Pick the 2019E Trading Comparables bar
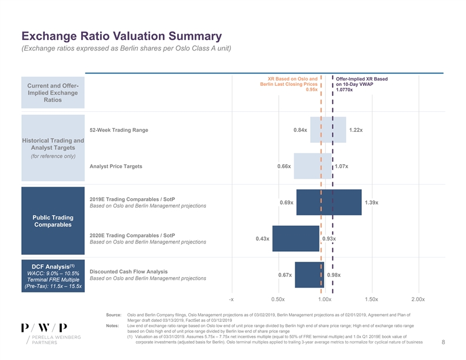328,202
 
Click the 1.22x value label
355,129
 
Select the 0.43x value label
262,238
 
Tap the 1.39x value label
371,203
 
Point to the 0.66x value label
284,166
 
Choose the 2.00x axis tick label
418,299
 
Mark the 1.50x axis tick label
371,299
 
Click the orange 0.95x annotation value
312,90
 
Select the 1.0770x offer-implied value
345,90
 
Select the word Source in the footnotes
114,316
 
